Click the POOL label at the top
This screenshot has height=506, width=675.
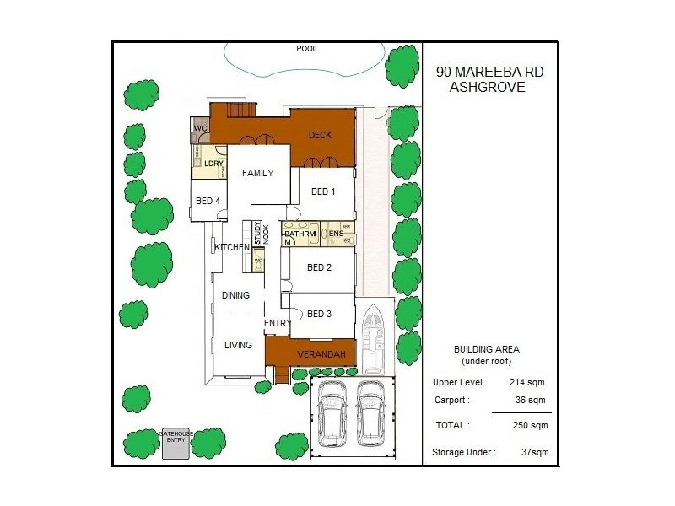click(306, 49)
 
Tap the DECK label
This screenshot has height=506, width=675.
click(320, 135)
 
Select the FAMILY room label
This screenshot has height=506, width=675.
click(257, 174)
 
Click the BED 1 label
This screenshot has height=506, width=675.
click(323, 191)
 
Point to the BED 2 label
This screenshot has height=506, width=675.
click(319, 268)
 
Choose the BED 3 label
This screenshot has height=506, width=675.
click(319, 315)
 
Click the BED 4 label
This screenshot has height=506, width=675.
click(208, 201)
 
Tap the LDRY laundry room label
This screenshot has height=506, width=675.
click(213, 163)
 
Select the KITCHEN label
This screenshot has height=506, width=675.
click(231, 247)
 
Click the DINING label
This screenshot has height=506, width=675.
click(235, 295)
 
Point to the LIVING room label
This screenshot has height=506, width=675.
click(238, 344)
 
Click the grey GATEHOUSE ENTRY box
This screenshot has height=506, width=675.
click(176, 444)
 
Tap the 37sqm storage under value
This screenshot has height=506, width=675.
click(535, 453)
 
